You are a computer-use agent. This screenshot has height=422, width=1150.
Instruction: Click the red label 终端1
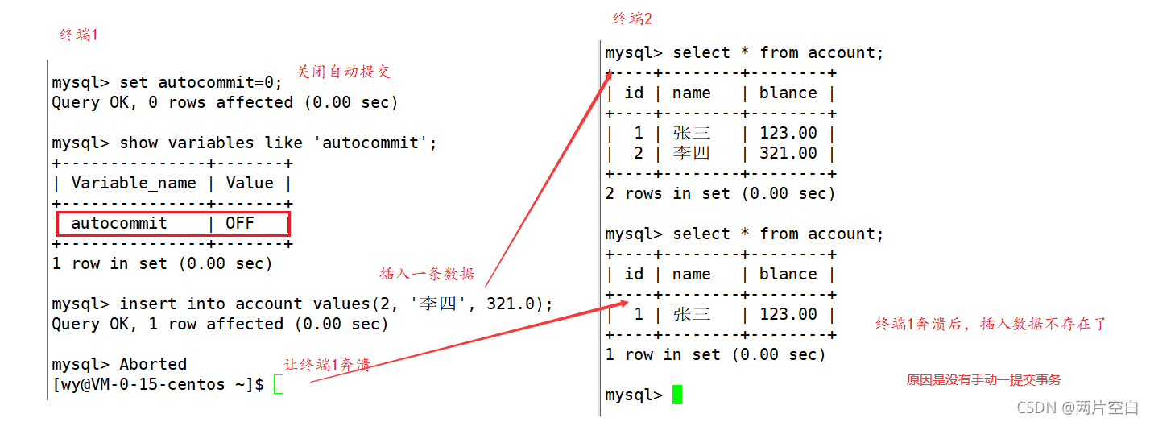79,35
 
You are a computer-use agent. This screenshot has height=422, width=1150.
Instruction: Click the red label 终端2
632,19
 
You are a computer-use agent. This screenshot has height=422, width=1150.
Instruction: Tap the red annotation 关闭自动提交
343,72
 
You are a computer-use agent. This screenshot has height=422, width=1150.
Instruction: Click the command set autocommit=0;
201,82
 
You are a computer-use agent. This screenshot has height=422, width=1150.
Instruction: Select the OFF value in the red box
239,223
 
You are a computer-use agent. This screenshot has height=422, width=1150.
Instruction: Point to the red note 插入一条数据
427,274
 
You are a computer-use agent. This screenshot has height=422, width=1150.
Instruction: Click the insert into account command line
302,304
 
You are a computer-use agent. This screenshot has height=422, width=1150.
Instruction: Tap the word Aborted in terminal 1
153,364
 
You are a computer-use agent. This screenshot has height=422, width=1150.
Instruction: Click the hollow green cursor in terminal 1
279,384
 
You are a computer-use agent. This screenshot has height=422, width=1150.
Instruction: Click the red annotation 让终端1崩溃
327,365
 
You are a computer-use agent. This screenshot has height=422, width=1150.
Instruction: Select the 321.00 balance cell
788,153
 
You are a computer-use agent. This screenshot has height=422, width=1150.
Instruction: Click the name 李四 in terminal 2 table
691,153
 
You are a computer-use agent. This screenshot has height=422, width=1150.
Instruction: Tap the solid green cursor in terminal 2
677,395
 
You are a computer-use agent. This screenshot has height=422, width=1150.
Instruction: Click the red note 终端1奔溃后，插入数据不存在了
991,324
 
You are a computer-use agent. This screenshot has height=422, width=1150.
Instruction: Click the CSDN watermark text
1078,408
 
